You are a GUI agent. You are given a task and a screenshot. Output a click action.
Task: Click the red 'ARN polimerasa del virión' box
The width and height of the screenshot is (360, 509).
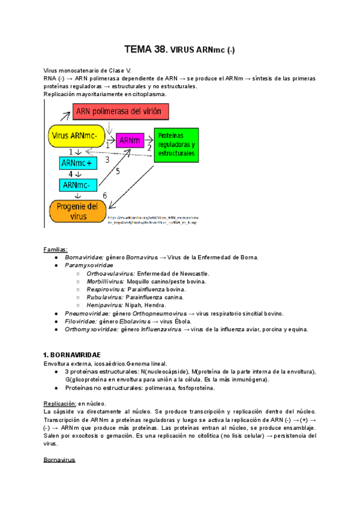[x=121, y=112]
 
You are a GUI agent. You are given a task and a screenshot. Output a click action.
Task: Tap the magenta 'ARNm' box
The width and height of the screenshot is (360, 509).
[x=130, y=140]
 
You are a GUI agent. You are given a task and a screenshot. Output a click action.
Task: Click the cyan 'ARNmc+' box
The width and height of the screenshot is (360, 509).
[x=77, y=163]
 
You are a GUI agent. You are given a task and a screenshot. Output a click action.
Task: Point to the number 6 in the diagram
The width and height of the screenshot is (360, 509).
[x=104, y=196]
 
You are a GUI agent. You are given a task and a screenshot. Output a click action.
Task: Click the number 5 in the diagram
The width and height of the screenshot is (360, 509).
[x=118, y=172]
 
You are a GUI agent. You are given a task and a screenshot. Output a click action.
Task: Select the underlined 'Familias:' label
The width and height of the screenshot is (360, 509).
[x=56, y=249]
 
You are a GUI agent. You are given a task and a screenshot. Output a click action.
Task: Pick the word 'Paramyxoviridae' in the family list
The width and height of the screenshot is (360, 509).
[x=89, y=265]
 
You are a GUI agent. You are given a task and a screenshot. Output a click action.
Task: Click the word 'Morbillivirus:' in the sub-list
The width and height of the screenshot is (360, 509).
[x=106, y=281]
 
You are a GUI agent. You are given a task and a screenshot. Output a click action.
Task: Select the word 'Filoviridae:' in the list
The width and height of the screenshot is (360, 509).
[x=82, y=321]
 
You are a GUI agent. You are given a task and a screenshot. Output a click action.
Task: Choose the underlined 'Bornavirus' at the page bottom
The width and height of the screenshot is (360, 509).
[x=59, y=460]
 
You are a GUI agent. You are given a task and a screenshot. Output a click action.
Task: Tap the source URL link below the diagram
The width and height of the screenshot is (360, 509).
[x=153, y=219]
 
